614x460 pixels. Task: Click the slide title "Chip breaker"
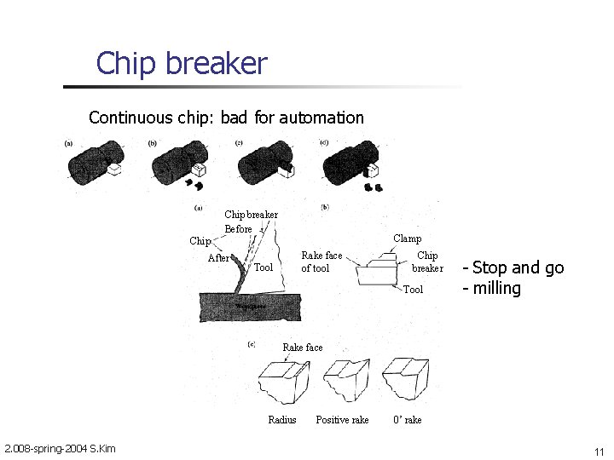[x=181, y=64]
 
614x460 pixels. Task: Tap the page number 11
[x=599, y=451]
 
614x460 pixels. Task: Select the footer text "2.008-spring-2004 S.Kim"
[x=60, y=449]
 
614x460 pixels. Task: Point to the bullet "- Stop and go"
[x=513, y=267]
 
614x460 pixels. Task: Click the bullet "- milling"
[x=491, y=288]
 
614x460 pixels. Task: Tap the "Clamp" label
[x=407, y=239]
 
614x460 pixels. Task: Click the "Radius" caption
[x=282, y=420]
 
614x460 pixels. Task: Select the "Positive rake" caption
[x=342, y=420]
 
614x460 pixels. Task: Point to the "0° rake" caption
[x=407, y=420]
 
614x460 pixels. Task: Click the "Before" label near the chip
[x=238, y=228]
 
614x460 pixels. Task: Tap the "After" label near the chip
[x=218, y=258]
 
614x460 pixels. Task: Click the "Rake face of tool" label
[x=321, y=262]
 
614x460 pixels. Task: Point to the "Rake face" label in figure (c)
[x=303, y=348]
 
